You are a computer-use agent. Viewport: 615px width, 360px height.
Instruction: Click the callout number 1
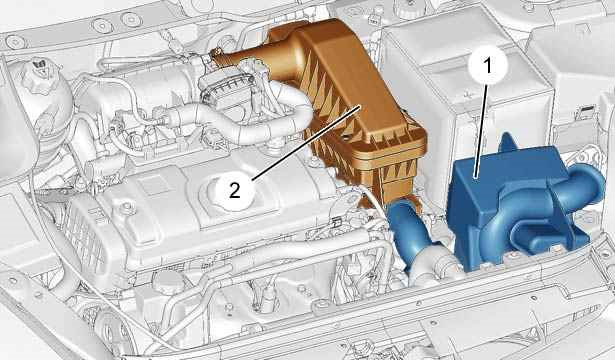[x=488, y=65]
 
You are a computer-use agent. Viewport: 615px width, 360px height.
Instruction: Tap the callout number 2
[x=234, y=191]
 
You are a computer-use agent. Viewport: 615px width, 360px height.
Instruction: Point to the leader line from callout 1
[x=482, y=131]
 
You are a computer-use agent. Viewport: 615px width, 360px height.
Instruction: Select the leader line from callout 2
[x=306, y=143]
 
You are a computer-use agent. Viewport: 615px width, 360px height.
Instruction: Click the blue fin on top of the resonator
[x=507, y=142]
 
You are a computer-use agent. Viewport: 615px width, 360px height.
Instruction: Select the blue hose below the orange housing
[x=408, y=231]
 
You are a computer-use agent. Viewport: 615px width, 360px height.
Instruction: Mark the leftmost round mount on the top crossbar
[x=16, y=42]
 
